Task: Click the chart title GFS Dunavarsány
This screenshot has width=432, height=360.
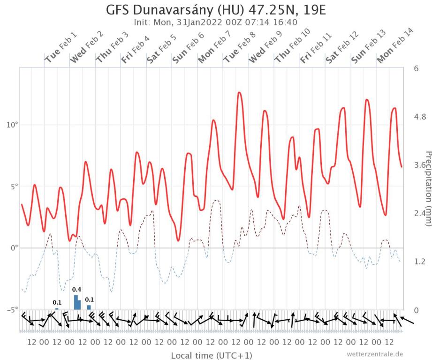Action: coord(216,10)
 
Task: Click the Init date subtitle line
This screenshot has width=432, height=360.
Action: coord(216,22)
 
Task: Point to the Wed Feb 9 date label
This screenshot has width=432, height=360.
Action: coord(265,46)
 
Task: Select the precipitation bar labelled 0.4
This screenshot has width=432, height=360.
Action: coord(77,303)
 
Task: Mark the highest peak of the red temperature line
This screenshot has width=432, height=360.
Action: coord(239,92)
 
